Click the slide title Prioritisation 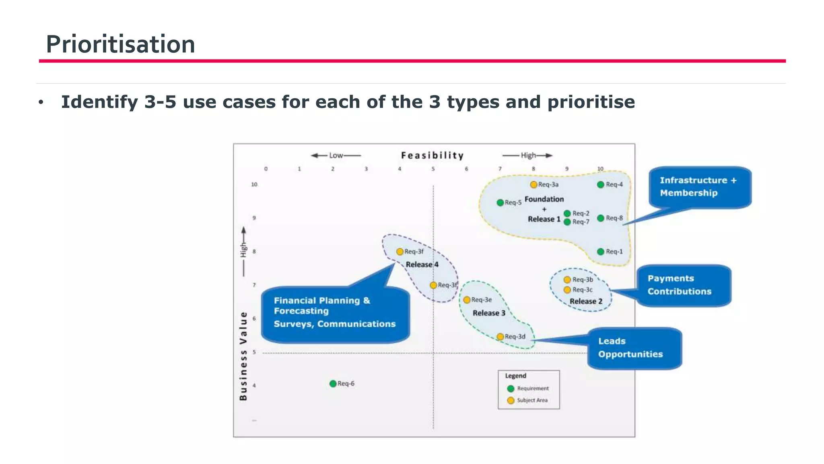click(x=120, y=44)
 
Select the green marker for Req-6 click(x=333, y=383)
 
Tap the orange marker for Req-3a click(x=534, y=184)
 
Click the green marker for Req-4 click(x=601, y=184)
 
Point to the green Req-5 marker click(x=500, y=203)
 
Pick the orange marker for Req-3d click(x=500, y=337)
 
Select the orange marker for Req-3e click(x=467, y=300)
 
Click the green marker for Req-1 click(x=601, y=252)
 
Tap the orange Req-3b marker click(x=567, y=280)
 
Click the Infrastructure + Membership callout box click(x=699, y=187)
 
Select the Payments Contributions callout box click(x=683, y=285)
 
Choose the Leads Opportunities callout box click(x=634, y=348)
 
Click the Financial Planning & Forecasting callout click(x=335, y=313)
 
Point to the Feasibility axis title click(x=432, y=155)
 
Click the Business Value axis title click(x=243, y=356)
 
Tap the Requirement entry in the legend click(x=528, y=389)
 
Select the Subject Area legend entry click(x=528, y=400)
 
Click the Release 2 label click(x=586, y=301)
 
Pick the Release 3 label click(x=488, y=313)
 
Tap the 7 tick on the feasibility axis click(x=500, y=169)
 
